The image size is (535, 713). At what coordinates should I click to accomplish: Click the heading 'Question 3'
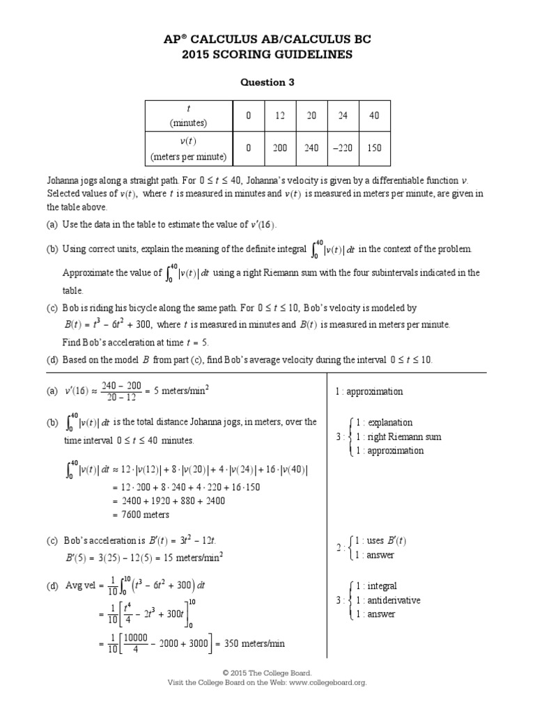pyautogui.click(x=267, y=82)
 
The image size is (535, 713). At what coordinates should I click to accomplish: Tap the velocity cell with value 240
pyautogui.click(x=312, y=148)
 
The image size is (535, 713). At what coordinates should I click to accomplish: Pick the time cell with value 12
pyautogui.click(x=280, y=116)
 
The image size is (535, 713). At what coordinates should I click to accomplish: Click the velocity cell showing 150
pyautogui.click(x=374, y=148)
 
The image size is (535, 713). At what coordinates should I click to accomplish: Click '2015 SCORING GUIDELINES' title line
pyautogui.click(x=267, y=54)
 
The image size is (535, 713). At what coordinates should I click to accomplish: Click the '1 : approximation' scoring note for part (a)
pyautogui.click(x=369, y=391)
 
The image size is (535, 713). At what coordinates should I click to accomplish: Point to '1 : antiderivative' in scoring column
pyautogui.click(x=387, y=600)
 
